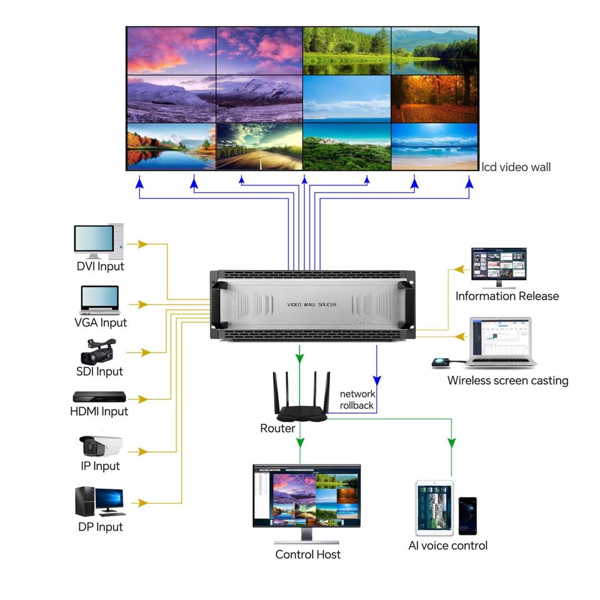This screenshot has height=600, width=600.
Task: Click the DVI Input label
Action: coord(100,266)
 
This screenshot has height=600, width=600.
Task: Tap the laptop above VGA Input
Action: coord(100,300)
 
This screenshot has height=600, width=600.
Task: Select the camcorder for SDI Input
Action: coord(98,351)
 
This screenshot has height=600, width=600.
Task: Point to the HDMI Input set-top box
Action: coord(99,396)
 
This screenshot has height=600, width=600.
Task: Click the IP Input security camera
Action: coord(101,446)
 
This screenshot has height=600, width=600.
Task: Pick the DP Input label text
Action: coord(100,527)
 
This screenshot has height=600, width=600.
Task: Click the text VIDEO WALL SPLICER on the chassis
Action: coord(312,304)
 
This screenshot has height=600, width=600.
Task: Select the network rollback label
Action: coord(357,399)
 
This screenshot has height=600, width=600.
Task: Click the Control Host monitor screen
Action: coord(306,496)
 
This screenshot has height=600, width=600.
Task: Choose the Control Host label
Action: coord(307,554)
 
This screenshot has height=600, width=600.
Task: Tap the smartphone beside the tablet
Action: coord(467,516)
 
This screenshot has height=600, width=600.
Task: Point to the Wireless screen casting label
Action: coord(507,381)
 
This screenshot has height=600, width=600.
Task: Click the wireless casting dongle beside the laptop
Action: coord(441,362)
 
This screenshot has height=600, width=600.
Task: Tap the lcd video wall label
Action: coord(516,167)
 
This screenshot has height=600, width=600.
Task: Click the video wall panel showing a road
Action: coord(259,146)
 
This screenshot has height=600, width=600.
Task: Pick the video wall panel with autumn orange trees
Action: coord(434,99)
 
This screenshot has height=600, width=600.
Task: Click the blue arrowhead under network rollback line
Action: coord(377,381)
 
